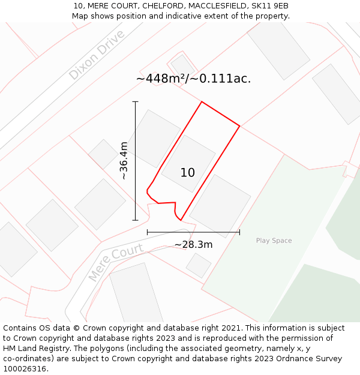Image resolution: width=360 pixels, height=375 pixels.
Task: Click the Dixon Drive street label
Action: click(x=97, y=55)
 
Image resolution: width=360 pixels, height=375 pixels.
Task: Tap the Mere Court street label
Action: click(x=116, y=262)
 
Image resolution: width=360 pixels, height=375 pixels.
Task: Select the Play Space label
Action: click(x=274, y=241)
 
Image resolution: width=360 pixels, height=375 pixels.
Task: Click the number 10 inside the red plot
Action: click(x=187, y=173)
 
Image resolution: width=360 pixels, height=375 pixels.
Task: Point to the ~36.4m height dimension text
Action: click(x=124, y=161)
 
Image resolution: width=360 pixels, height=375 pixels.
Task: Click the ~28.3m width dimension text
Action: click(x=193, y=245)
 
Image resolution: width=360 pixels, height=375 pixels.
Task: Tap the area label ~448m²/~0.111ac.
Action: click(x=193, y=79)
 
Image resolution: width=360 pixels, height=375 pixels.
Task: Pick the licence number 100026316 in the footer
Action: click(x=25, y=369)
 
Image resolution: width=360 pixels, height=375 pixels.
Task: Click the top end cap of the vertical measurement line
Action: click(x=136, y=102)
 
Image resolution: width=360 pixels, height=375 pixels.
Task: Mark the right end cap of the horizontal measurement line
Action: click(x=240, y=232)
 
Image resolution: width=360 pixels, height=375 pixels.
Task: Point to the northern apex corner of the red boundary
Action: click(x=202, y=102)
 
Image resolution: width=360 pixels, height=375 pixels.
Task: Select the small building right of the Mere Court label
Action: click(x=198, y=265)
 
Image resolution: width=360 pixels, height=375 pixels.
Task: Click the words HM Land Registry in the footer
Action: click(x=35, y=349)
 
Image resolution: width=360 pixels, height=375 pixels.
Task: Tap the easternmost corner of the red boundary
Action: click(x=240, y=126)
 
